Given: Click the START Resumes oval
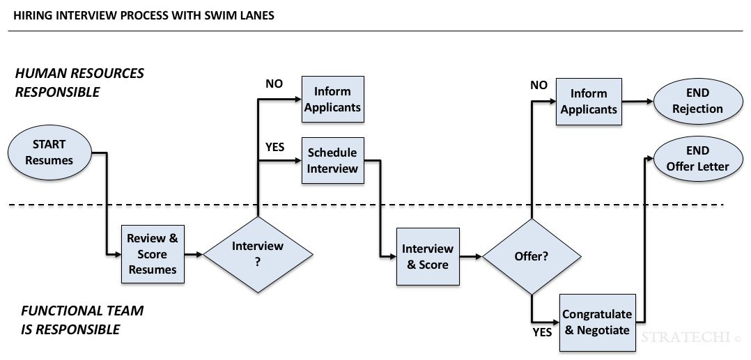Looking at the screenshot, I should tap(49, 152).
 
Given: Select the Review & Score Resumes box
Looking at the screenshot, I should tap(153, 254).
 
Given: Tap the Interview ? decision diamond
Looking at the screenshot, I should tap(258, 254).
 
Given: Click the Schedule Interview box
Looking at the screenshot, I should tap(332, 160).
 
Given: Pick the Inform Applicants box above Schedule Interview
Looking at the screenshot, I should tap(332, 99).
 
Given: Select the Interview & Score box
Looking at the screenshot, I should tap(428, 256).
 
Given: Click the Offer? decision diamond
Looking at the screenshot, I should tap(531, 256).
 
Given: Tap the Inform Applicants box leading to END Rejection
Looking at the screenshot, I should tap(589, 102).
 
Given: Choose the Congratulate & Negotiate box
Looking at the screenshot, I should tap(598, 322).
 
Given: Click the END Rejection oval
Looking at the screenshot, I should tap(697, 101).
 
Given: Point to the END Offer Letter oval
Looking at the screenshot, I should tap(697, 159).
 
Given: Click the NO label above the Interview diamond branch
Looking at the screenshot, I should tap(274, 84).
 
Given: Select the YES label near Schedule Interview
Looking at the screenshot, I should tap(275, 147).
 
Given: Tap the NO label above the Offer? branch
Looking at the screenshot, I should tap(539, 84).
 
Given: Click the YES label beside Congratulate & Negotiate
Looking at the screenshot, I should tap(542, 332).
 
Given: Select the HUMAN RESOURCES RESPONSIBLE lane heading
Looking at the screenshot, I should tap(79, 82).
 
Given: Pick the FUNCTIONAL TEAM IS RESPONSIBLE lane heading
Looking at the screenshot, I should tap(82, 320).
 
